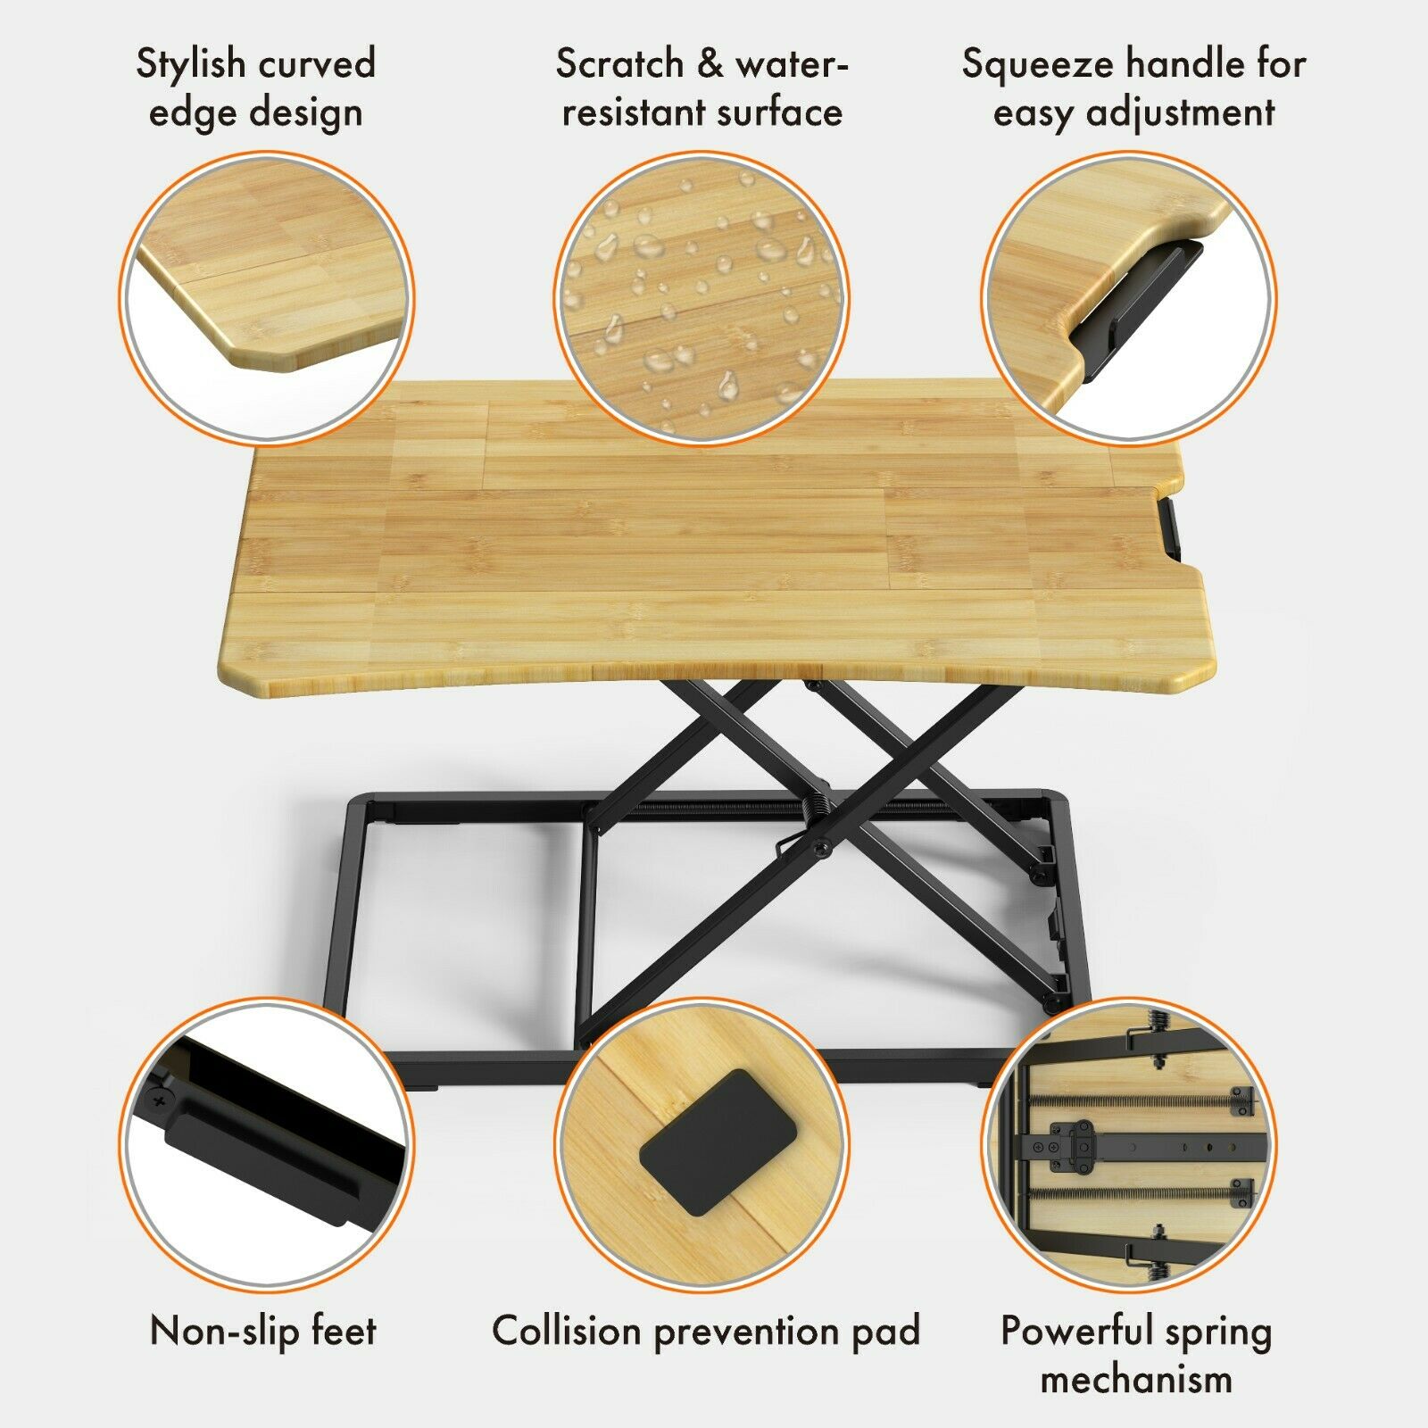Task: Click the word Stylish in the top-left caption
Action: [191, 64]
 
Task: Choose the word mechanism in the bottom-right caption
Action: [1136, 1380]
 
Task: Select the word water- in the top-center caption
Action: [792, 64]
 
